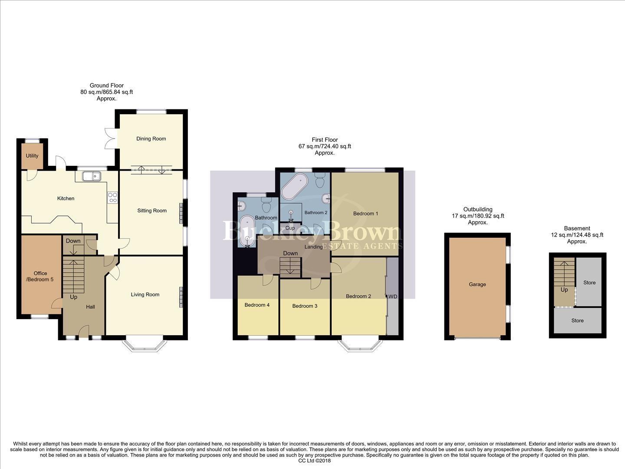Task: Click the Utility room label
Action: (32, 156)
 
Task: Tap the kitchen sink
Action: (92, 176)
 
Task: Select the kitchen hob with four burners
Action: (112, 198)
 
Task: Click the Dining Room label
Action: (151, 139)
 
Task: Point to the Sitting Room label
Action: (152, 211)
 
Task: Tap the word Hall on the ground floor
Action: (90, 307)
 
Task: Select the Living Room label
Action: (145, 294)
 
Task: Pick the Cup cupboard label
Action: (290, 228)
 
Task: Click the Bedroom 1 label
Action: (365, 214)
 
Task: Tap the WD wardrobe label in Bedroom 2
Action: (393, 297)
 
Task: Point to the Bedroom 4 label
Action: (257, 305)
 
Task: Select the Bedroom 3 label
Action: (305, 306)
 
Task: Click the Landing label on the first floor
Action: (313, 247)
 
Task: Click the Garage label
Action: (477, 284)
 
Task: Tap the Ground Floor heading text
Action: (106, 86)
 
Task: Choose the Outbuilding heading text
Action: (477, 209)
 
